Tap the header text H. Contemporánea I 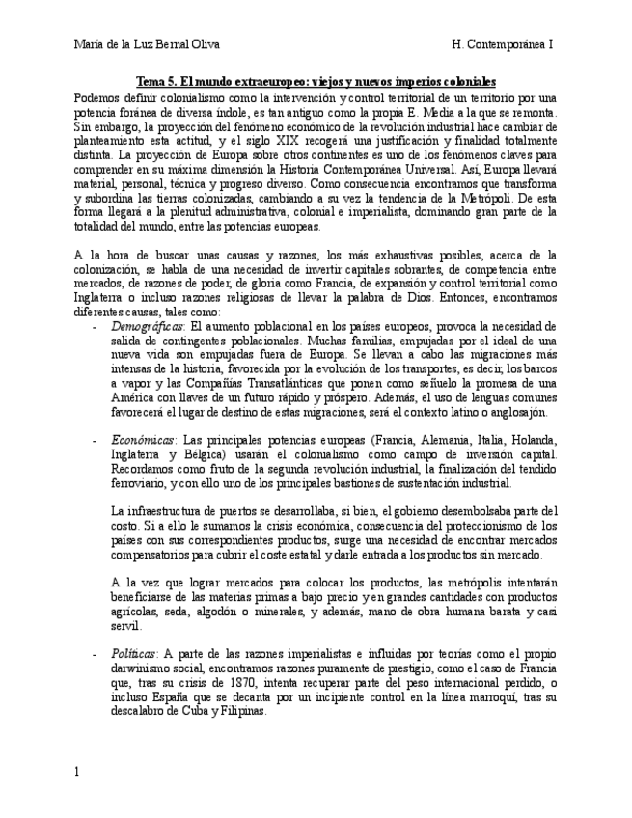502,44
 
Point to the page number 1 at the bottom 78,771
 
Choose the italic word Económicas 140,439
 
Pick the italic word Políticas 133,653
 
